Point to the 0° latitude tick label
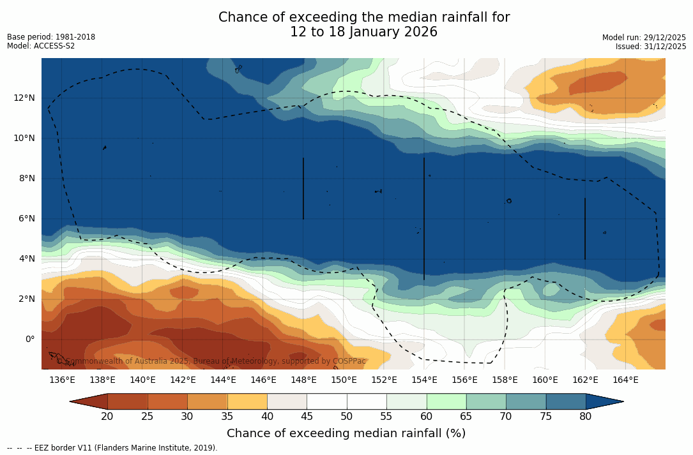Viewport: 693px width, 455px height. [x=30, y=339]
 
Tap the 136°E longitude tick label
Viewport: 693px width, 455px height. [x=62, y=380]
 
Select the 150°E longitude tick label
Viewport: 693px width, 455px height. [x=344, y=380]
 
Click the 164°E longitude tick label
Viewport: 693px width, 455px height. [x=625, y=380]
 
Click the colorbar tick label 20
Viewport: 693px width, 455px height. [x=107, y=417]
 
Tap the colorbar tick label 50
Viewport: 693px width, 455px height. [x=347, y=417]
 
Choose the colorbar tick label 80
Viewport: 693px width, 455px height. [x=586, y=417]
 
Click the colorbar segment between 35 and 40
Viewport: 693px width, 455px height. [x=247, y=401]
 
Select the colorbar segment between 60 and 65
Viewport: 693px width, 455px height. [x=446, y=401]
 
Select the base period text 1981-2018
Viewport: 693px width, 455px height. [x=75, y=37]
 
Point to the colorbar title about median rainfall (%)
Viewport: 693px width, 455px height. [x=346, y=433]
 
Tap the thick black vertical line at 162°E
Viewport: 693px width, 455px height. [x=585, y=228]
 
